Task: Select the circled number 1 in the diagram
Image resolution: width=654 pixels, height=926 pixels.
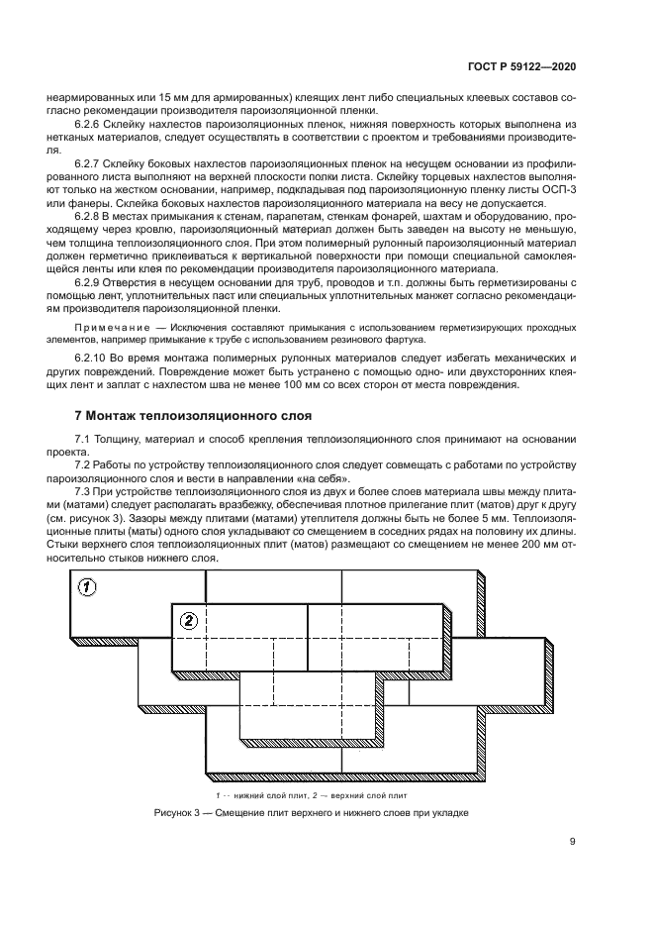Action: pos(87,587)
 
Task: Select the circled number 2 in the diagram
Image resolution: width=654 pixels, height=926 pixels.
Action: pos(189,621)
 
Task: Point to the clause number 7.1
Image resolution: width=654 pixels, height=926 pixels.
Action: pos(84,438)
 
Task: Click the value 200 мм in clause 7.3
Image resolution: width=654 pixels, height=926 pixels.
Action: pos(535,544)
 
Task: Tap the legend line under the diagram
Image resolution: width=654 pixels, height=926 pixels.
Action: pos(310,794)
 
